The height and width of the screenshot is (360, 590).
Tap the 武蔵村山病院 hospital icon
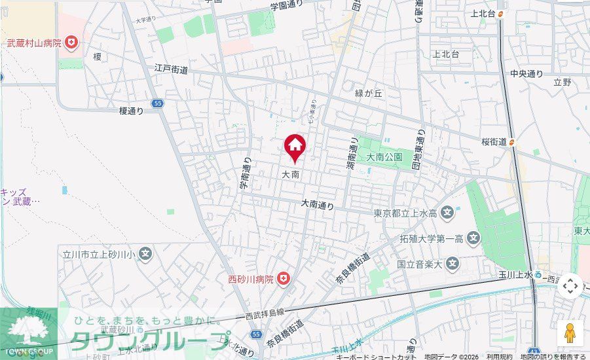[71, 44]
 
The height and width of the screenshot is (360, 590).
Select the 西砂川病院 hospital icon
[284, 279]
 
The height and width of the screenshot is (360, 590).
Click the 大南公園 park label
[384, 157]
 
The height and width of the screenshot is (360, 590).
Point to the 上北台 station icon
[501, 13]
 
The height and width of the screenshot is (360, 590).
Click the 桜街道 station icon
[513, 141]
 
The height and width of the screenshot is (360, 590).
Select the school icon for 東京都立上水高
[447, 213]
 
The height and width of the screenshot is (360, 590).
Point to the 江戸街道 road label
[172, 68]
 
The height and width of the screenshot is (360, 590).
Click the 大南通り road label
[318, 205]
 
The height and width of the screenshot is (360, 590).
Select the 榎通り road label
[132, 111]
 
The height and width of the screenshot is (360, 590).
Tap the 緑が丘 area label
[368, 94]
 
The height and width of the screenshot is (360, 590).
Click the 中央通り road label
[527, 73]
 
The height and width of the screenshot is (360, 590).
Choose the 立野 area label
[562, 82]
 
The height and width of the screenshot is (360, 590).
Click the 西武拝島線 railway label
[262, 313]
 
